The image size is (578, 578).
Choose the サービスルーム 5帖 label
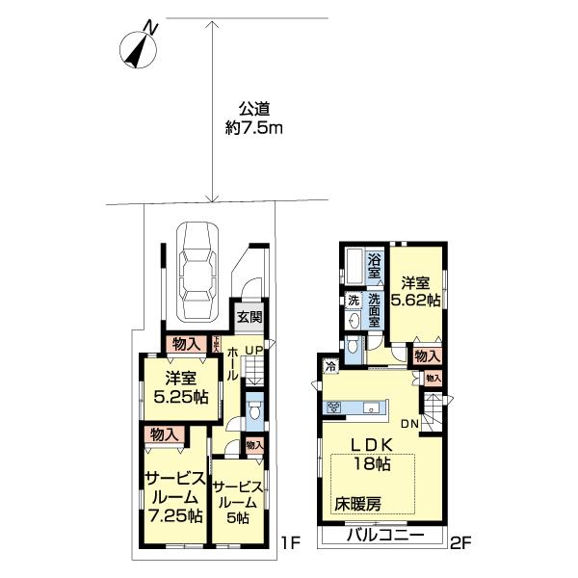click(x=237, y=503)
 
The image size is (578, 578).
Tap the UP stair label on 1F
click(x=254, y=349)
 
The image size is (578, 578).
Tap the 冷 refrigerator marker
click(x=330, y=365)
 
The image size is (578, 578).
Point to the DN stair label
click(x=408, y=424)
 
